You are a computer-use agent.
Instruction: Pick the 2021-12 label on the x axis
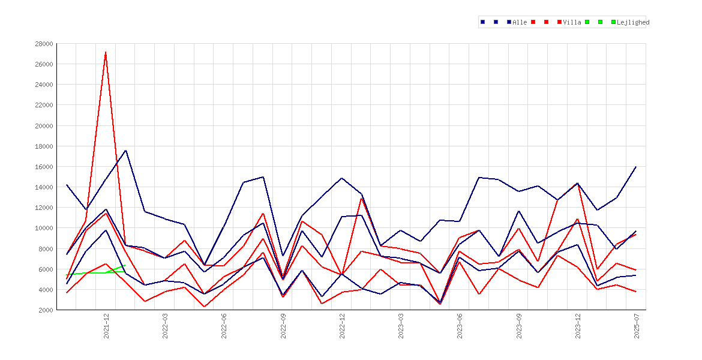pos(106,326)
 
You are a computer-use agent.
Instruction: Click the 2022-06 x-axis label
pos(224,326)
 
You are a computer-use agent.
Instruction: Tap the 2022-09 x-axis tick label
pos(283,326)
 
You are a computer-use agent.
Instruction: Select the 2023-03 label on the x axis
pos(401,326)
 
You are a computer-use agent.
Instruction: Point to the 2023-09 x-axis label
pos(519,326)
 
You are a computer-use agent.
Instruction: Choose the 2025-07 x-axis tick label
pos(637,326)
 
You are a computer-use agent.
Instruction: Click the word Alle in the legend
pos(520,22)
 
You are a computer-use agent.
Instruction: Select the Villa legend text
pos(572,22)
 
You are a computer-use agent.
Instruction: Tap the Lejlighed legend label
pos(633,22)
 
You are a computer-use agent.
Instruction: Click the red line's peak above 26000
pos(106,52)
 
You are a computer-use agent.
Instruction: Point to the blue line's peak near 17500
pos(126,151)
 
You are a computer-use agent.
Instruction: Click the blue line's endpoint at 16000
pos(636,167)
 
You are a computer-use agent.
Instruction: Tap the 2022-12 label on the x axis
pos(342,326)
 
